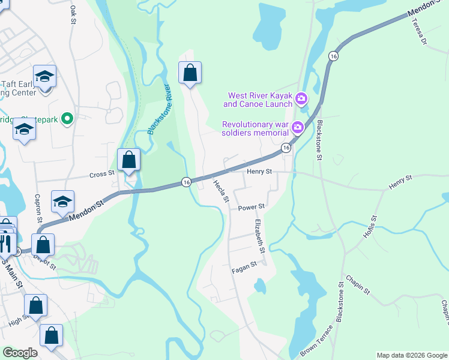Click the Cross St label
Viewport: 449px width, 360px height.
click(x=102, y=174)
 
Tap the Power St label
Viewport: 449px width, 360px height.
click(x=252, y=208)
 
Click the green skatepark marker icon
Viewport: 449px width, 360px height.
click(x=68, y=119)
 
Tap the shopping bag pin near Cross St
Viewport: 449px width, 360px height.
click(x=128, y=161)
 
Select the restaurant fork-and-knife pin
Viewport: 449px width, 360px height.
click(x=5, y=243)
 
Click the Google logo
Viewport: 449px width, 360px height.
click(x=20, y=353)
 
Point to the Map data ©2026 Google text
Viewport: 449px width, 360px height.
click(x=411, y=355)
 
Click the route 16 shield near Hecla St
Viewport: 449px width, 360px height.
click(x=187, y=182)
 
